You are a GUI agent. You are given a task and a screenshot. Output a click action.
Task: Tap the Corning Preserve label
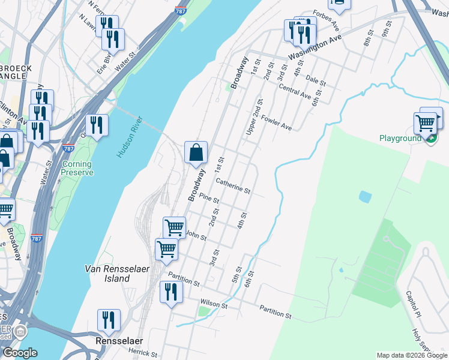click(x=77, y=168)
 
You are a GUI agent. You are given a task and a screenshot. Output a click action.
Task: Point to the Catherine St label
click(x=232, y=185)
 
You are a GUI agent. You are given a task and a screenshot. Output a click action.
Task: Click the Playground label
click(x=400, y=138)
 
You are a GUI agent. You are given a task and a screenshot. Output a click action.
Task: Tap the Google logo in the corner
click(x=20, y=353)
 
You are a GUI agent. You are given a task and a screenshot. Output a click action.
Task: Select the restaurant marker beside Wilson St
click(x=171, y=292)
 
